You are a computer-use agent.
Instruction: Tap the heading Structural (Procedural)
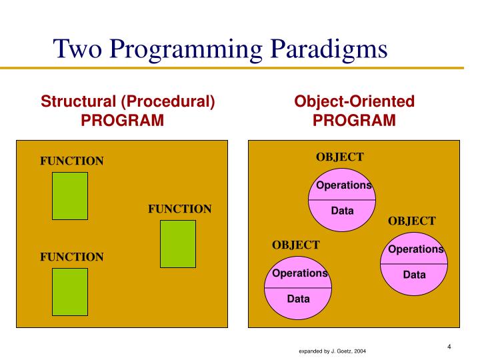pos(128,102)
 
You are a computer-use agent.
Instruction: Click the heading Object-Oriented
pos(355,102)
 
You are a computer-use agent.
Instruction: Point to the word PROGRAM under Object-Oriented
pos(355,121)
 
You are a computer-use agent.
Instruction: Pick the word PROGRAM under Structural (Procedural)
pos(122,121)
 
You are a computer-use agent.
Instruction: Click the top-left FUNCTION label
pos(72,161)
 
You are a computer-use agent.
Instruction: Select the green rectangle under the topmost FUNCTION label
pos(70,195)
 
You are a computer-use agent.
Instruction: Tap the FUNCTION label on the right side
pos(179,209)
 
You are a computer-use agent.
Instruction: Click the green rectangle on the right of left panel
pos(178,243)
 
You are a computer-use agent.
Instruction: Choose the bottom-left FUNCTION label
pos(72,257)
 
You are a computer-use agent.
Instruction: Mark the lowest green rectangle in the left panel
pos(70,291)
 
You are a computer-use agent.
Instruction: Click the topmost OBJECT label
pos(340,157)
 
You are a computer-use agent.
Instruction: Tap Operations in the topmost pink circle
pos(343,185)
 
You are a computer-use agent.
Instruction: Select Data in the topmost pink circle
pos(343,211)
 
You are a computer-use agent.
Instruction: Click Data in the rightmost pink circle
pos(414,275)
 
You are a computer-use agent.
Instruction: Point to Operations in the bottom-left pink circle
pos(299,273)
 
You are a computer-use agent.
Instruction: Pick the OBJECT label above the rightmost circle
pos(412,221)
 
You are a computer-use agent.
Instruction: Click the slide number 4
pos(449,346)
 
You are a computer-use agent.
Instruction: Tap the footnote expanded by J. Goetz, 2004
pos(332,351)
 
